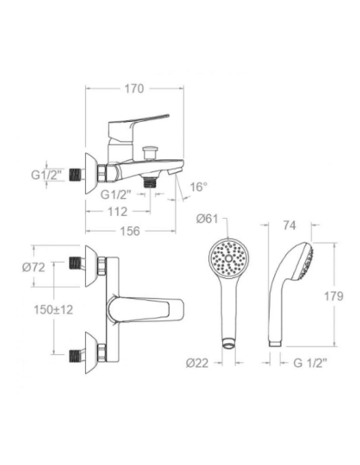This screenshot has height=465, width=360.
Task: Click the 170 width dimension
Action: [134, 88]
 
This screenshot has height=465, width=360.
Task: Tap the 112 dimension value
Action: [118, 212]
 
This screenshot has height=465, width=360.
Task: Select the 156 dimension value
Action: [130, 231]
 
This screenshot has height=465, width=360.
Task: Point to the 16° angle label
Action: [198, 187]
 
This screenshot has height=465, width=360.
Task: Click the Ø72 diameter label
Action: [33, 268]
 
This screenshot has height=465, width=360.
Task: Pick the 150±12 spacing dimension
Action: [53, 310]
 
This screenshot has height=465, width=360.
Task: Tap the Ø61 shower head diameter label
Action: [207, 219]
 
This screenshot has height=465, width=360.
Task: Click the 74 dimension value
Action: [289, 225]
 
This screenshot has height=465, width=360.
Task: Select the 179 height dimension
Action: [334, 296]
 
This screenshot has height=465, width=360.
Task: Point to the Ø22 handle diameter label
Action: [198, 363]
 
